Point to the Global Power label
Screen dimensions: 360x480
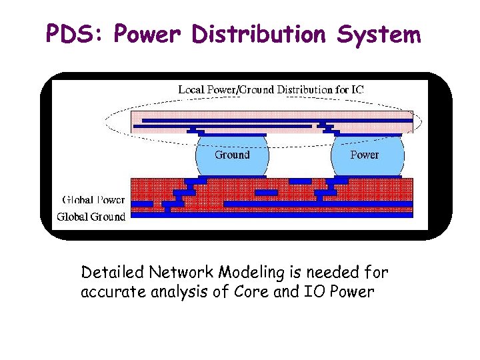[x=93, y=199]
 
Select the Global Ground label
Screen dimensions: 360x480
[x=91, y=216]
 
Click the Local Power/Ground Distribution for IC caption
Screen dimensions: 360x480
[x=271, y=89]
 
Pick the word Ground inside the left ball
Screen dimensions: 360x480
[x=232, y=155]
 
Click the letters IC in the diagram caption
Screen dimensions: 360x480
[x=357, y=89]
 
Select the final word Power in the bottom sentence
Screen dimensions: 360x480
[x=355, y=292]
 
